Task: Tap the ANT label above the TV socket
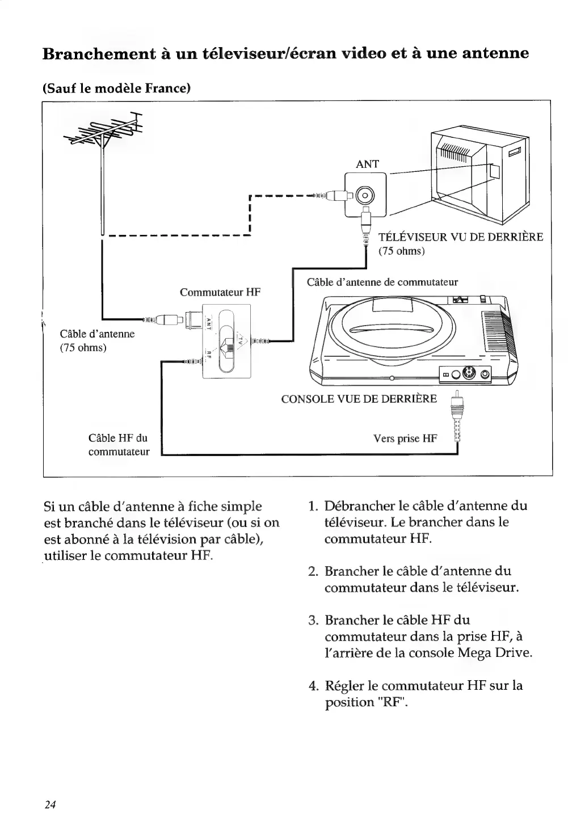pos(367,165)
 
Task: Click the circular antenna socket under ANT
pos(365,196)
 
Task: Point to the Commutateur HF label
pos(220,293)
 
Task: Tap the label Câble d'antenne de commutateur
pos(382,282)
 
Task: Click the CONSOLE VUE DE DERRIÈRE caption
pos(359,398)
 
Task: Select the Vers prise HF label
pos(405,438)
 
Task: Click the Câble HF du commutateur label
pos(119,445)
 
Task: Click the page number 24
pos(50,804)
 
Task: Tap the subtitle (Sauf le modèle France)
pos(116,88)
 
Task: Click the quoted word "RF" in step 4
pos(393,702)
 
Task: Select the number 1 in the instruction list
pos(312,506)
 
